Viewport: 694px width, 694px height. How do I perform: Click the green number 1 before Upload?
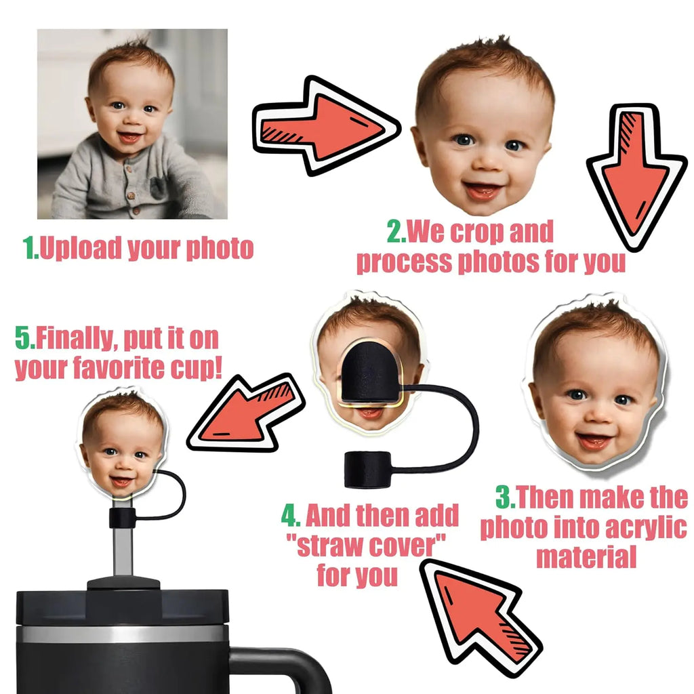(30, 247)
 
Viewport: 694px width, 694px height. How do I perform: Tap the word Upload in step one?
(81, 248)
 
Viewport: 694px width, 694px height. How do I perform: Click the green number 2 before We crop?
(395, 231)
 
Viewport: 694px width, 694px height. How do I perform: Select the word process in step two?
(405, 262)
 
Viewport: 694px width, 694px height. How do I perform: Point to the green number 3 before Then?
(504, 497)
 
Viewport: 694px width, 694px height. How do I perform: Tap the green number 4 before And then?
(289, 516)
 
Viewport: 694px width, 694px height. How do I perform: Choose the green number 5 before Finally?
(23, 338)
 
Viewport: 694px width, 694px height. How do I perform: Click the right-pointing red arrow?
(326, 125)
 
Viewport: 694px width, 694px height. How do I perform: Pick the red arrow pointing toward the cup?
(246, 413)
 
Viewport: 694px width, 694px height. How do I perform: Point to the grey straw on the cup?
(123, 551)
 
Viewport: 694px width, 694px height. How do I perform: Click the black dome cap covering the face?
(371, 372)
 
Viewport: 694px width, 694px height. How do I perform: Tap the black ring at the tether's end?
(367, 470)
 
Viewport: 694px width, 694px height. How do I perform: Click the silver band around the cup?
(122, 634)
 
